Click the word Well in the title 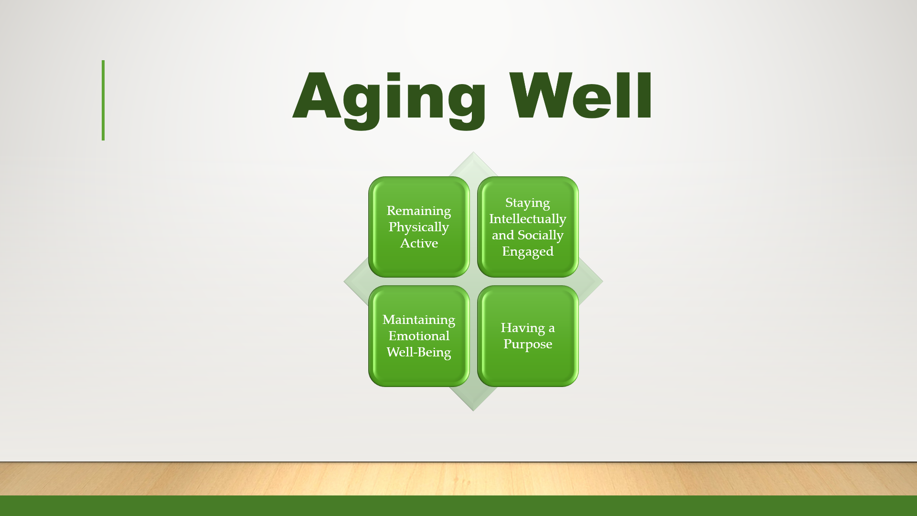coord(580,96)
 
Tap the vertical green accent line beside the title coord(103,100)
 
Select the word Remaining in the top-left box coord(419,211)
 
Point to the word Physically coord(419,227)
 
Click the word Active coord(419,243)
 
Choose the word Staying coord(528,203)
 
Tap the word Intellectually coord(528,219)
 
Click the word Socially coord(541,235)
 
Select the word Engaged coord(528,252)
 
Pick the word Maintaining coord(419,320)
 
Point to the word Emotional coord(419,336)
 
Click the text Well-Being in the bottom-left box coord(419,352)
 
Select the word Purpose coord(528,344)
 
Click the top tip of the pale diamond coord(473,152)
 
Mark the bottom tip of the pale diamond coord(473,411)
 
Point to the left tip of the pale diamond coord(344,281)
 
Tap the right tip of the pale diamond coord(603,281)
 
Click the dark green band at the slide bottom coord(458,505)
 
